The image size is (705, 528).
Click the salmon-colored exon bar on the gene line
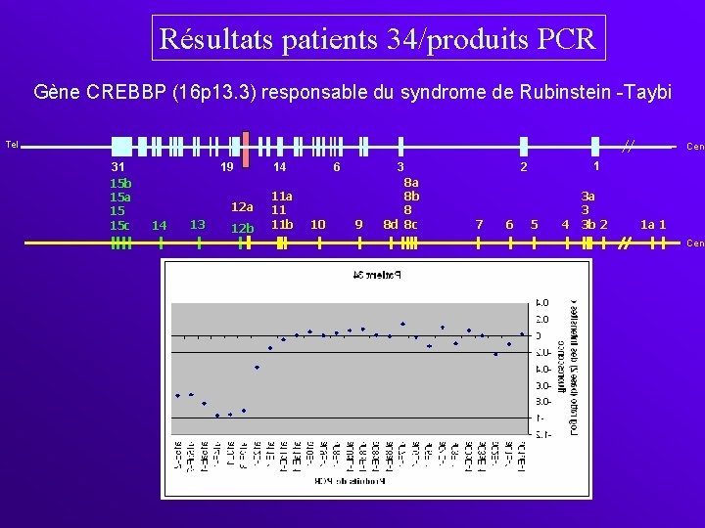(246, 146)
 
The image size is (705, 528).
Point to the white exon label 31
(118, 168)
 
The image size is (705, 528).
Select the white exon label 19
(226, 168)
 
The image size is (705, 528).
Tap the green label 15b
(120, 183)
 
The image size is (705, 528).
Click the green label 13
(198, 225)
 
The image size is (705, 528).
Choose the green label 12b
(241, 229)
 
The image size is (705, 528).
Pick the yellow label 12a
(241, 207)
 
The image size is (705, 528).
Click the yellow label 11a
(282, 197)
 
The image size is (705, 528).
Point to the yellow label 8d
(389, 225)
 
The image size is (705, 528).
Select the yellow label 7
(479, 225)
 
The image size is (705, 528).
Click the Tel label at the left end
(12, 146)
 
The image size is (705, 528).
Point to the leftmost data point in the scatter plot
(177, 395)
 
